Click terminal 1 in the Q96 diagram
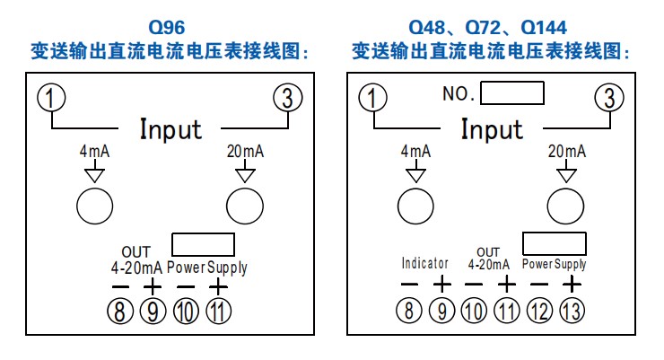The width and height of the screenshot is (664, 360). click(52, 98)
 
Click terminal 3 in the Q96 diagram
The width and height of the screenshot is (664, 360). click(287, 98)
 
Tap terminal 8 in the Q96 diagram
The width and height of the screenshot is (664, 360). click(119, 312)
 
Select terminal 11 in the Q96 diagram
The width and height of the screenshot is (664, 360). click(217, 312)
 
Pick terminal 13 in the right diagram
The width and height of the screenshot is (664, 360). click(571, 312)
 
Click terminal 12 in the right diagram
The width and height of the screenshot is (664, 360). click(538, 312)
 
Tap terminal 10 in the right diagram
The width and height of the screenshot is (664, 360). click(474, 312)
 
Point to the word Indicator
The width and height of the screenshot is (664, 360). click(424, 264)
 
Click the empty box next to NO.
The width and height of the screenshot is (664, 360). click(513, 93)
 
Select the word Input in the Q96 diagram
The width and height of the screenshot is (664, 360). click(170, 129)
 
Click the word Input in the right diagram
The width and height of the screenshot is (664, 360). click(492, 129)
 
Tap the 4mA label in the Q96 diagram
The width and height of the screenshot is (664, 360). click(94, 152)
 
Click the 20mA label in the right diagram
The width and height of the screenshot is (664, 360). click(566, 152)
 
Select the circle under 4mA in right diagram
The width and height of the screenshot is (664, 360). click(415, 206)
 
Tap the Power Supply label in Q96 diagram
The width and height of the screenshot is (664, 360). click(206, 268)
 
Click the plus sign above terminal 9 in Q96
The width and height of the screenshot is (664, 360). click(153, 286)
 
